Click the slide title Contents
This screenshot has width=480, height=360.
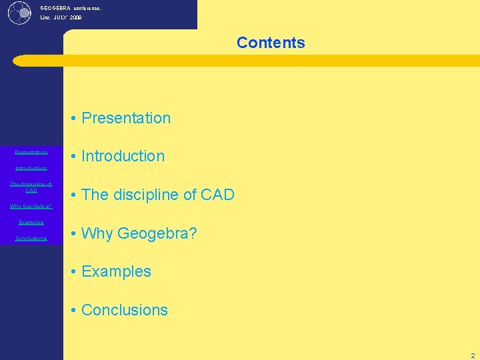click(271, 43)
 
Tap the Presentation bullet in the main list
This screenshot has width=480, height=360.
click(126, 118)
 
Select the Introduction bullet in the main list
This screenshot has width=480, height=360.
click(123, 156)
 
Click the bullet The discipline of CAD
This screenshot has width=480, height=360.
click(158, 195)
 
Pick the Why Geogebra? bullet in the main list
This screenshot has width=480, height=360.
click(139, 233)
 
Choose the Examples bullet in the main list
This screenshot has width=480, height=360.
click(116, 271)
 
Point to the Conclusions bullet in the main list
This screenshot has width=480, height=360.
click(125, 310)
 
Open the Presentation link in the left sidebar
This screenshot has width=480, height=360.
click(31, 152)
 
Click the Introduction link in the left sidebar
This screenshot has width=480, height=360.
click(31, 168)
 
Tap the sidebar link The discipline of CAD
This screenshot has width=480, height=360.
click(31, 187)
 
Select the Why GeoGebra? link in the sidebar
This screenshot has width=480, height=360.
click(31, 206)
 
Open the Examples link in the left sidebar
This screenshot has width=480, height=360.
click(31, 222)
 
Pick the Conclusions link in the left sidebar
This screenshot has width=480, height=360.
click(31, 238)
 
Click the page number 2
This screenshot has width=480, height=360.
click(472, 355)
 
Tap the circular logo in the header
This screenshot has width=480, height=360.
click(20, 12)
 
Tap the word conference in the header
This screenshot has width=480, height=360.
click(86, 8)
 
